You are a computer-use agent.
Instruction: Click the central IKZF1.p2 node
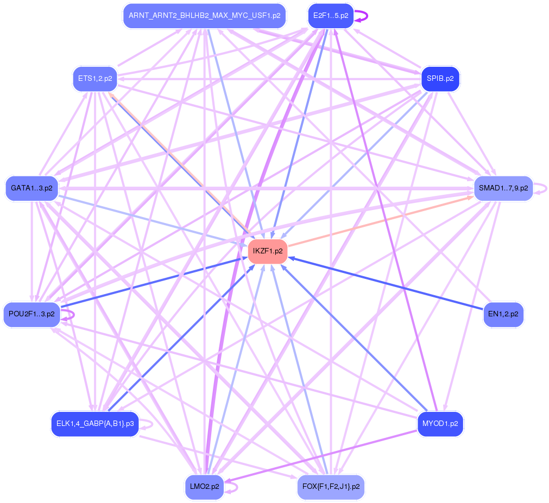pos(267,251)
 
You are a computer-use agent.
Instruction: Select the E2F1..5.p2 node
pos(331,16)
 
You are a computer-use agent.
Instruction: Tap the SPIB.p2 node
pos(440,79)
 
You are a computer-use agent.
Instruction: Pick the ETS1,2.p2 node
pos(95,79)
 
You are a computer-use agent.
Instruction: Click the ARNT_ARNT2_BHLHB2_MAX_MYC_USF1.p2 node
pos(204,16)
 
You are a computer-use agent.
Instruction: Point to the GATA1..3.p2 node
pos(31,188)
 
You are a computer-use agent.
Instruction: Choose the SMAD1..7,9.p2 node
pos(503,188)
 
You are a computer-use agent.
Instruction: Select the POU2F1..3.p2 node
pos(31,314)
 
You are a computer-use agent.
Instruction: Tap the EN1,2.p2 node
pos(503,314)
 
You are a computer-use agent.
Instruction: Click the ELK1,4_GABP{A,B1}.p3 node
pos(95,424)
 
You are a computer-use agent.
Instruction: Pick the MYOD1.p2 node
pos(440,424)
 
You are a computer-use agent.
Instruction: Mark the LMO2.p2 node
pos(204,487)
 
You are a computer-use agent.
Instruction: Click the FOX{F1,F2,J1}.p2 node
pos(331,487)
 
